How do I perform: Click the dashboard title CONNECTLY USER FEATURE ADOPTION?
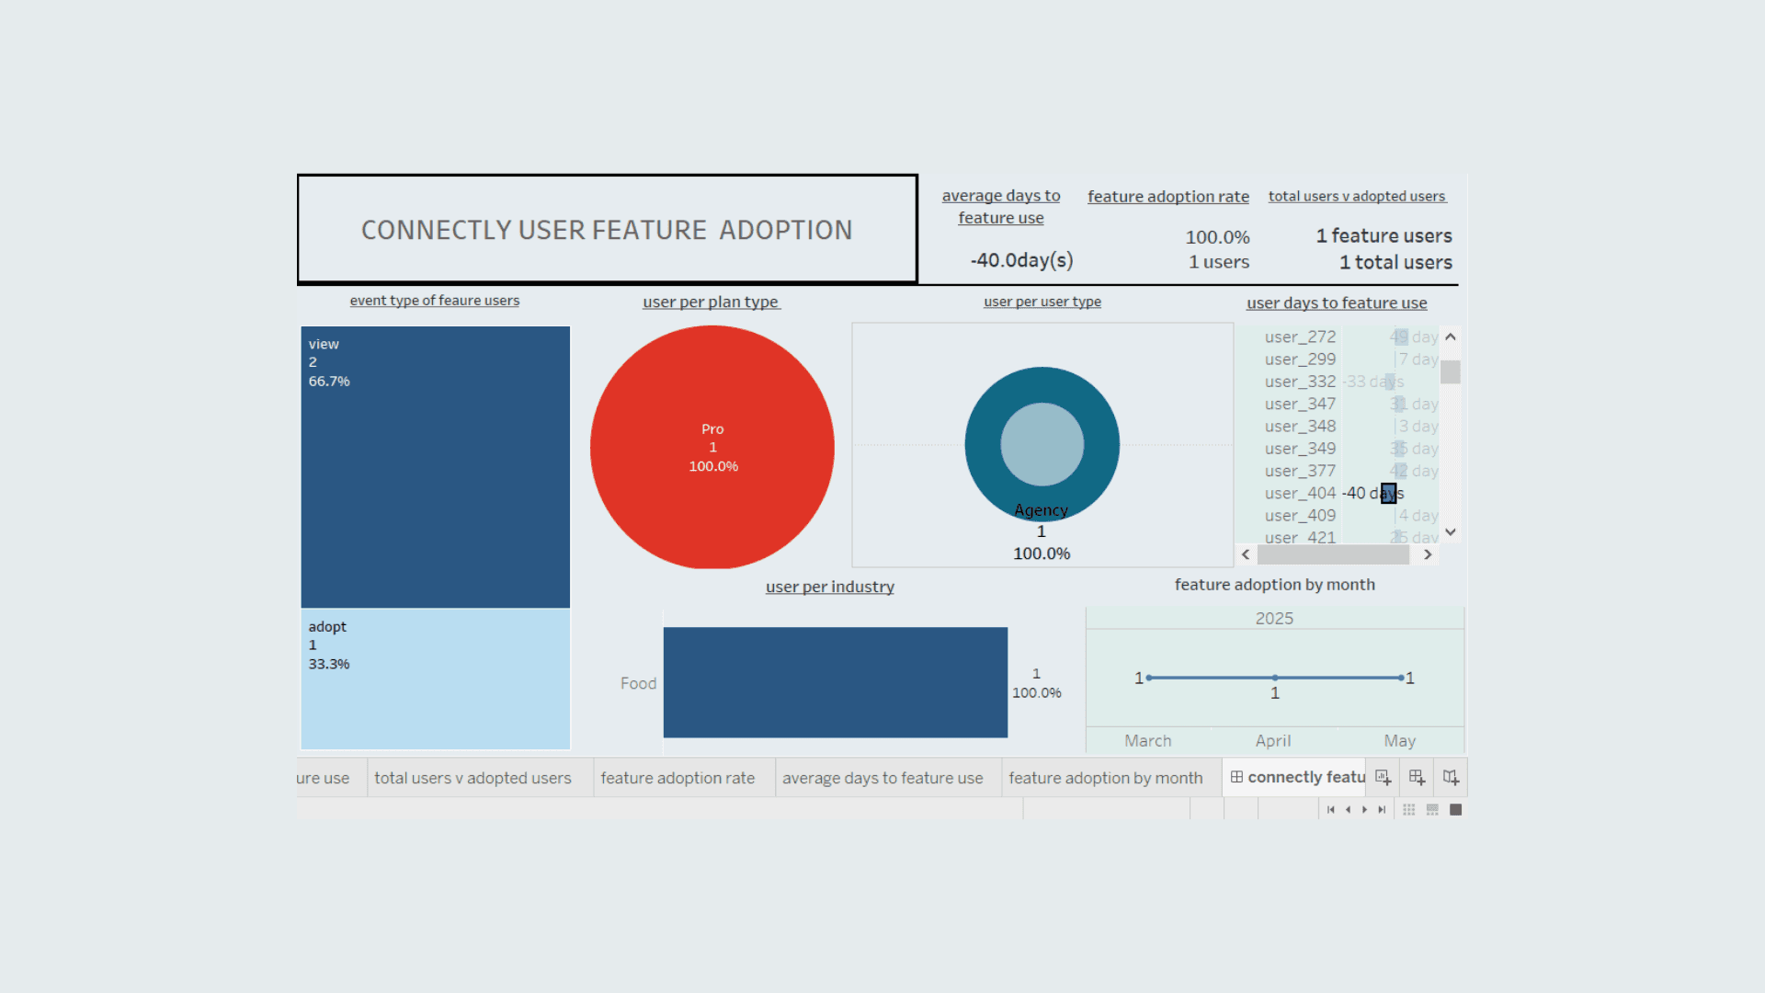coord(607,230)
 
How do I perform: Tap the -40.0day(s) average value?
coord(1021,260)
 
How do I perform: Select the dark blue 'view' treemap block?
coord(435,466)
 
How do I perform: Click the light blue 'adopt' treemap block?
coord(435,679)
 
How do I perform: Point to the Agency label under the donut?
coord(1041,510)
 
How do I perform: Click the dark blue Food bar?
coord(835,682)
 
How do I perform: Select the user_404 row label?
coord(1300,494)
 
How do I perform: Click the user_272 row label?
coord(1300,337)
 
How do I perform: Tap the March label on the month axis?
coord(1147,741)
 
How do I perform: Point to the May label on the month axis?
coord(1399,741)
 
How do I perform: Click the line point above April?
coord(1275,678)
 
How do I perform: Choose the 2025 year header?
coord(1274,619)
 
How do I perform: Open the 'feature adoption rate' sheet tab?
coord(678,778)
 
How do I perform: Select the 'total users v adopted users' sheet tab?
coord(473,778)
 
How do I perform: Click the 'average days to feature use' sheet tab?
coord(882,778)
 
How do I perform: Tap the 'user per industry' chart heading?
coord(829,587)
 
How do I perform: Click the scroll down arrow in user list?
coord(1451,532)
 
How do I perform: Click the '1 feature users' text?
coord(1384,236)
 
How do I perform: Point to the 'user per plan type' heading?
coord(711,302)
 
